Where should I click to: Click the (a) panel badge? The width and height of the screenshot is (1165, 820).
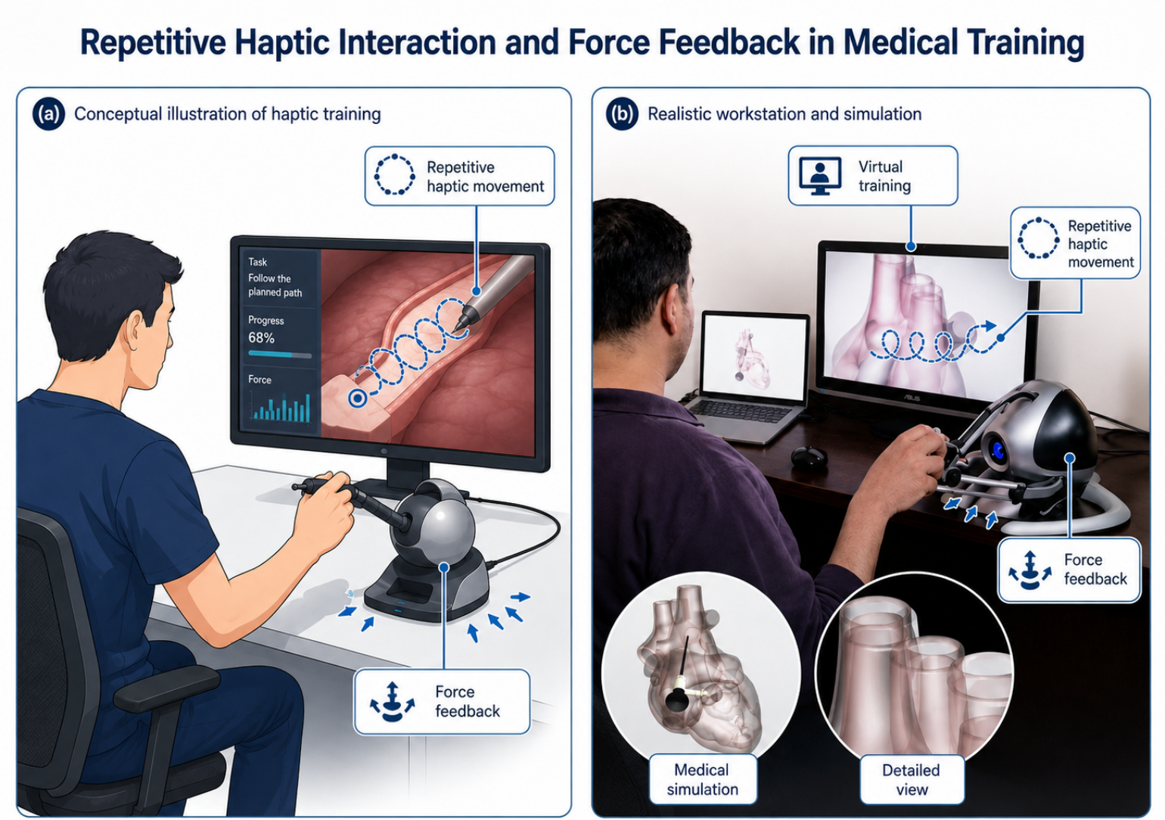click(48, 114)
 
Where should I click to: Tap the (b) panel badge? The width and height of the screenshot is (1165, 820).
click(622, 114)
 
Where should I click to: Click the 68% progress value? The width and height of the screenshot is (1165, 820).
click(261, 338)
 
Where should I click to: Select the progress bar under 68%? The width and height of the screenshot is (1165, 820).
click(280, 355)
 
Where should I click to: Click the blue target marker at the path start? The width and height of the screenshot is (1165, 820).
click(357, 399)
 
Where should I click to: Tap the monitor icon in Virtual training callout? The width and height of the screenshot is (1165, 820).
click(820, 176)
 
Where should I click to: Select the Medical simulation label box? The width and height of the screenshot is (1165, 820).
click(703, 779)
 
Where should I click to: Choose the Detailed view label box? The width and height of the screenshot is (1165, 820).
click(912, 779)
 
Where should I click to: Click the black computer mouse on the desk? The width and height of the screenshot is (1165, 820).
click(809, 458)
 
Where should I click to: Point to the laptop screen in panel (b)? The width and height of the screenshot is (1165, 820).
click(754, 357)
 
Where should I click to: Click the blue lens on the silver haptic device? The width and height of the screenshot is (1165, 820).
click(998, 451)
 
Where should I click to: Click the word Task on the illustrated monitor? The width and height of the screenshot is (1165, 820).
click(257, 262)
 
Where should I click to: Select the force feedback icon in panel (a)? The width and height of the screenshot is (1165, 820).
click(392, 702)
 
